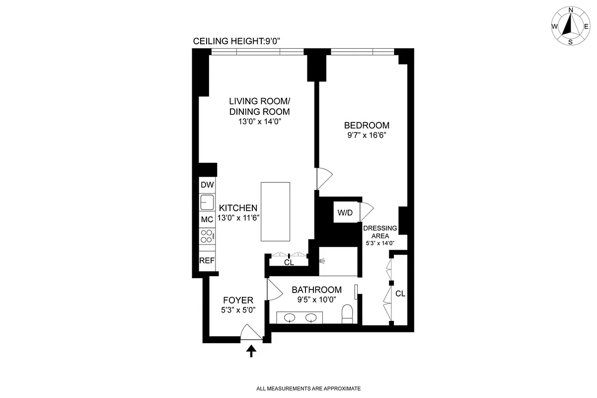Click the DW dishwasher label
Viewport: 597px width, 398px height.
pos(207,185)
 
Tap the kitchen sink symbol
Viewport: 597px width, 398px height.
pos(207,202)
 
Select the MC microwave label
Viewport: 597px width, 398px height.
pos(207,219)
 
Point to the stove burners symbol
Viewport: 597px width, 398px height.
pos(207,236)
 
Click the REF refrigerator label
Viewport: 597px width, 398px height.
pos(207,261)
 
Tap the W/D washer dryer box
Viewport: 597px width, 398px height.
pos(345,213)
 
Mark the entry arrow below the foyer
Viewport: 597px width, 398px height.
pos(252,351)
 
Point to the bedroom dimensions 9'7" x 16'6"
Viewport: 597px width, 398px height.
pos(367,136)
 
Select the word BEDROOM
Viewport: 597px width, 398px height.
pos(367,125)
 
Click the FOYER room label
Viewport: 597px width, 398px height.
pos(238,300)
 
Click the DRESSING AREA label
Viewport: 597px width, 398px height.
pos(380,232)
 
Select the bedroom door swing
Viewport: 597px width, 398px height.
pos(324,178)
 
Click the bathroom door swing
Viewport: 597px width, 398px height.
pos(273,289)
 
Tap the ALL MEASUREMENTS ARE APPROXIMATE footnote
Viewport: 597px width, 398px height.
pos(308,388)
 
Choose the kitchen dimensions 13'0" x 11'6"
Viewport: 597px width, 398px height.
pos(238,218)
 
